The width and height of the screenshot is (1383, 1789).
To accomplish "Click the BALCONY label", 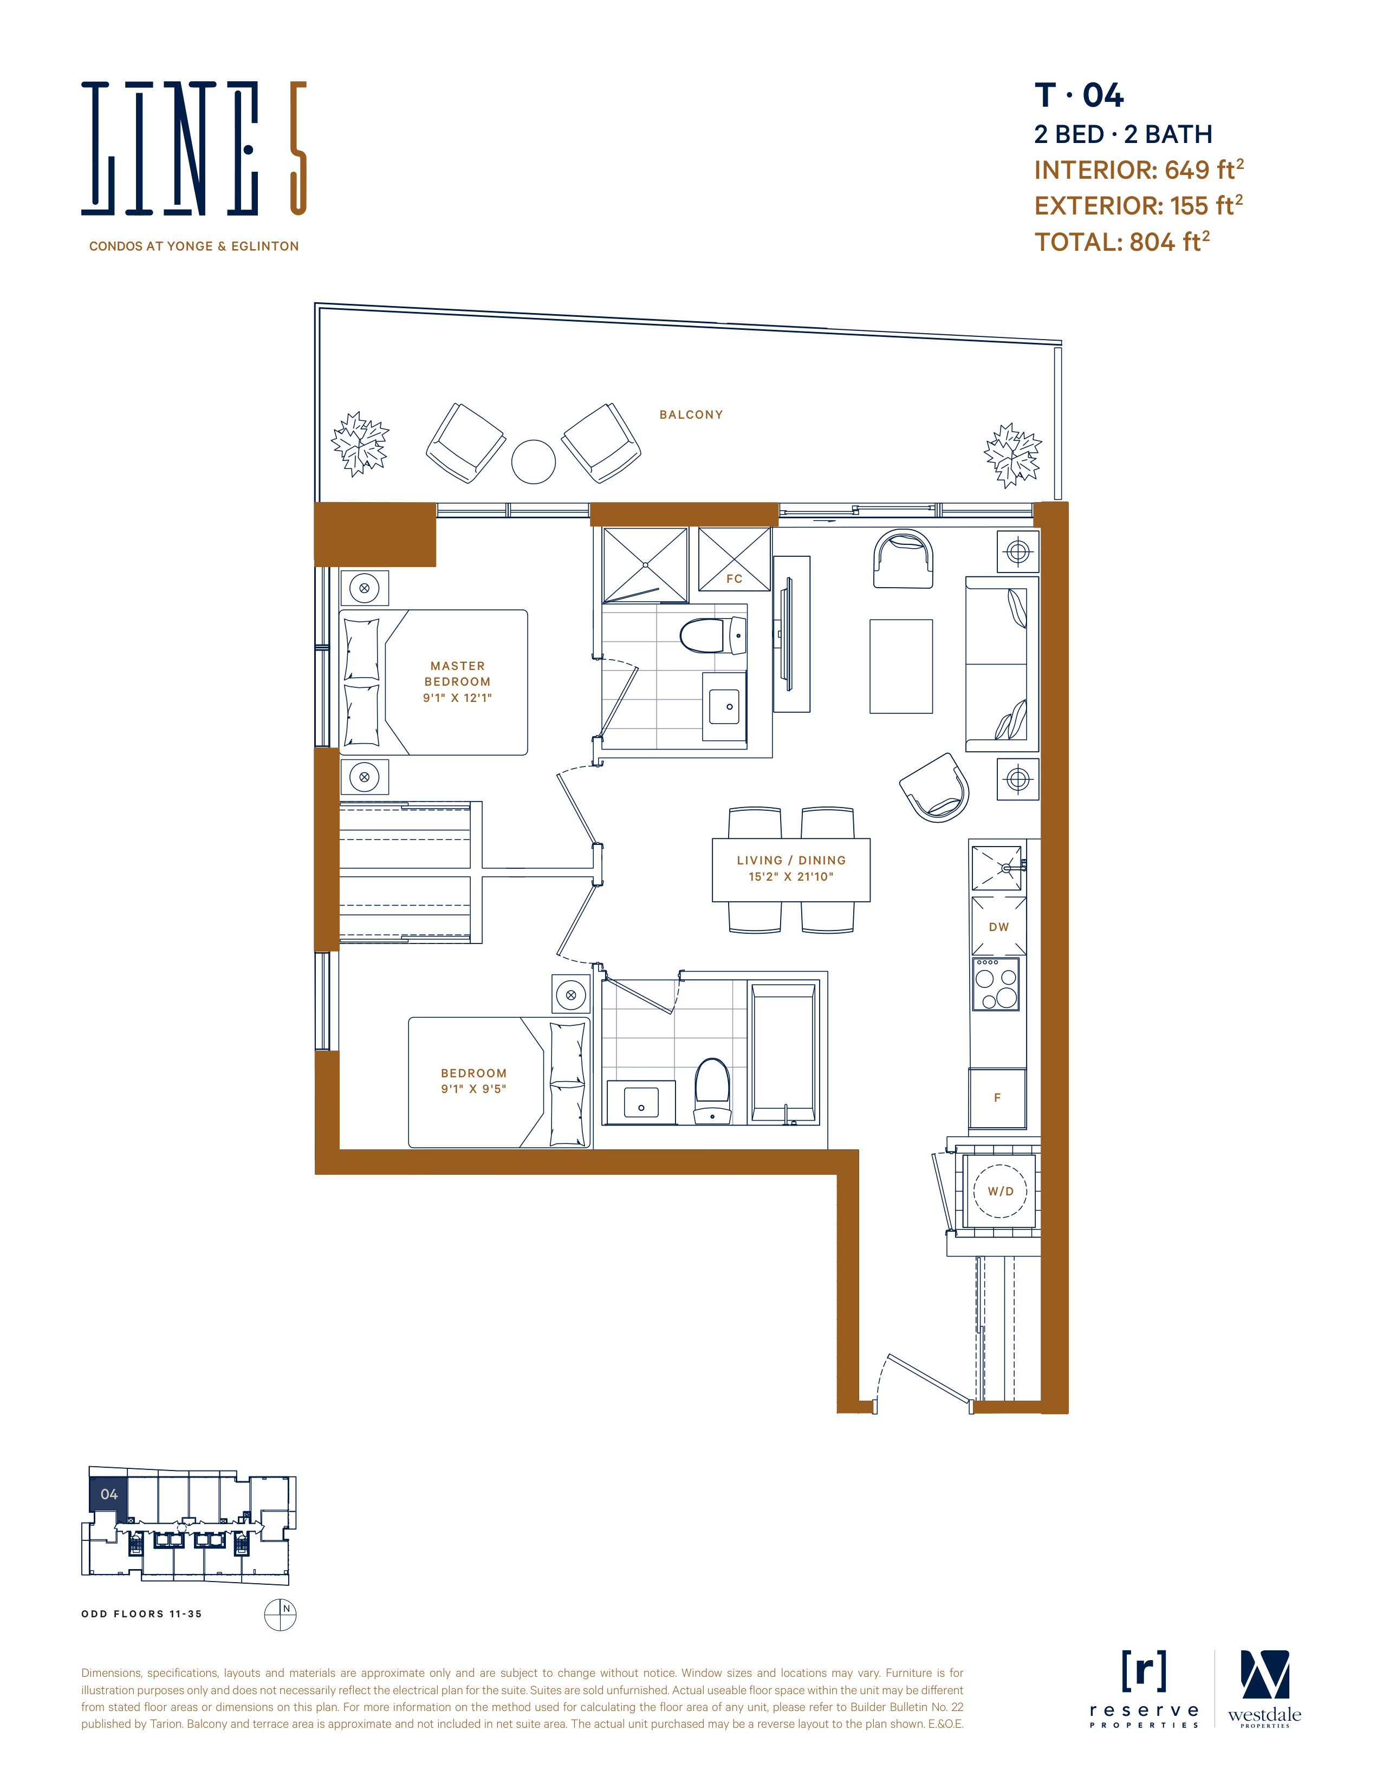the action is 691,414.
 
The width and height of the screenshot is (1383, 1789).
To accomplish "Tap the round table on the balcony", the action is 534,462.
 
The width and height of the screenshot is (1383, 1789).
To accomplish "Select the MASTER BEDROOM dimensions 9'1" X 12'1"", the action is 457,698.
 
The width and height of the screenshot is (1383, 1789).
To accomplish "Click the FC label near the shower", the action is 734,579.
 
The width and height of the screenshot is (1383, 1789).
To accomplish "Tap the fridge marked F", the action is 997,1098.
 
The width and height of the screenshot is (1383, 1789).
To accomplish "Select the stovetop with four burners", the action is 996,984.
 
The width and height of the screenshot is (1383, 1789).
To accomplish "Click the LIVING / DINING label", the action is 791,860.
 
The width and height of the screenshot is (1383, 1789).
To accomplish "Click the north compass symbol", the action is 280,1615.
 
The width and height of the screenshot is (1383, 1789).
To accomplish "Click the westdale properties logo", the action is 1264,1689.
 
